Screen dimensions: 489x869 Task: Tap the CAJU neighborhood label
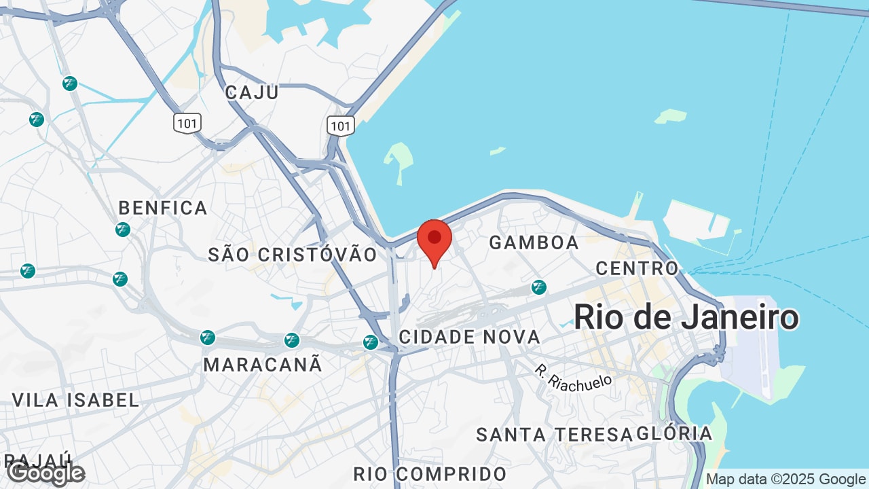[x=252, y=92]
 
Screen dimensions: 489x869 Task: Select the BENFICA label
[x=163, y=208]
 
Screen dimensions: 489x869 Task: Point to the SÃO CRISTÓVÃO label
[x=293, y=255]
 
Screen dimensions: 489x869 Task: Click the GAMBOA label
[x=534, y=242]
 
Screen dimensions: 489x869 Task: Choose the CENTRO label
[x=637, y=268]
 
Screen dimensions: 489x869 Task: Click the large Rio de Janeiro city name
[x=686, y=318]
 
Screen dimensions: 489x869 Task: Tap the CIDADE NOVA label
[x=470, y=337]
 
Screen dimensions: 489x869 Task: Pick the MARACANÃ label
[x=263, y=365]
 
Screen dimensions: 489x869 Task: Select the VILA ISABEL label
[x=76, y=400]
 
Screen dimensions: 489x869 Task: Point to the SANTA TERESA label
[x=549, y=435]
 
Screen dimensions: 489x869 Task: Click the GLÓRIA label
[x=675, y=434]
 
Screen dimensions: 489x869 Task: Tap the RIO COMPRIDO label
[x=430, y=474]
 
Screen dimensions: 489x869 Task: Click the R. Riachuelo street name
[x=573, y=378]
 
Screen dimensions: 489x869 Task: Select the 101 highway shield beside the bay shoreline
[x=340, y=126]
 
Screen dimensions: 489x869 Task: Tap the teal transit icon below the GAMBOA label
[x=539, y=287]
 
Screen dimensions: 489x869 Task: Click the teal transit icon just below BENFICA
[x=123, y=230]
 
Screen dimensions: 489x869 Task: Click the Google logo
[x=45, y=473]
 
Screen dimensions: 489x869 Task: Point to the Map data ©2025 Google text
[x=785, y=479]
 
